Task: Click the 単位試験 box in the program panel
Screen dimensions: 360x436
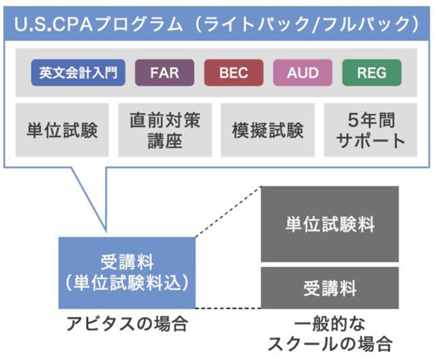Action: pos(62,130)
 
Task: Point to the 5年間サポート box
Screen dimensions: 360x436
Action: pos(372,130)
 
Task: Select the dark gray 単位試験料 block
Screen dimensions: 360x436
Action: pos(330,224)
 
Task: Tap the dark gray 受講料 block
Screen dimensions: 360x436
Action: pos(330,288)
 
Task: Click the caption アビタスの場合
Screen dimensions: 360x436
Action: pos(126,322)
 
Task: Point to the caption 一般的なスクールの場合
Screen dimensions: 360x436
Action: pos(330,331)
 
